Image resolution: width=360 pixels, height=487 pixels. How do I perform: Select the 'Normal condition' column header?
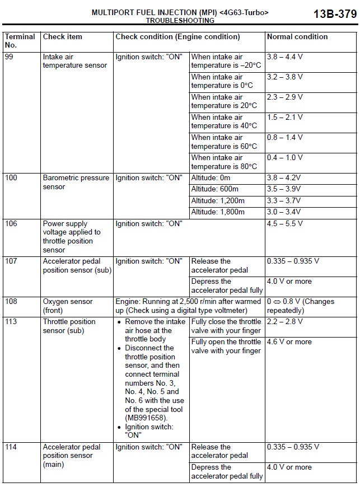(297, 37)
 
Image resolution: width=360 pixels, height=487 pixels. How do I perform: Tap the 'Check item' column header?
(63, 37)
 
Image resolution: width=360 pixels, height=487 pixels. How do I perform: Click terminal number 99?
(10, 57)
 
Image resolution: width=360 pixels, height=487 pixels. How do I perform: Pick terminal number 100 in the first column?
(11, 178)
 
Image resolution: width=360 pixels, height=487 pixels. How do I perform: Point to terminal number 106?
(11, 224)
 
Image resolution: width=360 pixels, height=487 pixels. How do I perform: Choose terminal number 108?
(11, 302)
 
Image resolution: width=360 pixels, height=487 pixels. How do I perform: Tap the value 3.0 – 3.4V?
(284, 212)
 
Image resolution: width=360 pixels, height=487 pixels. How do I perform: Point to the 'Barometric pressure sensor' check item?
(76, 182)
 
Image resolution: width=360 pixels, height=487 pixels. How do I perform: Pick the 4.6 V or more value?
(289, 342)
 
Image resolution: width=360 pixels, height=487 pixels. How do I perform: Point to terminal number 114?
(11, 447)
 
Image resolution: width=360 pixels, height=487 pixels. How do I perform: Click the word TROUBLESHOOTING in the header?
(180, 21)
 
